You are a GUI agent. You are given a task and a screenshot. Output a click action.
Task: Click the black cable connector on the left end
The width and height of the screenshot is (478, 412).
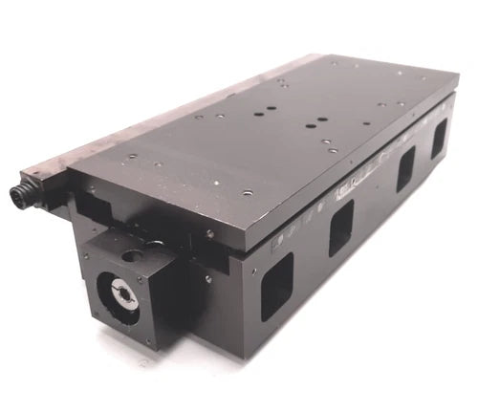(x=21, y=195)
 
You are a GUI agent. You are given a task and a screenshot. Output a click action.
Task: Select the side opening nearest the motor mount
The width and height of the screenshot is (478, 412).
(x=277, y=286)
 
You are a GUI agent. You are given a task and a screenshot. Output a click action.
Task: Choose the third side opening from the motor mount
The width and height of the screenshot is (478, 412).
(x=405, y=169)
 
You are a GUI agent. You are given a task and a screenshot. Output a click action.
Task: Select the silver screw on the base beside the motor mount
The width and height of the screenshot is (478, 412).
(x=207, y=279)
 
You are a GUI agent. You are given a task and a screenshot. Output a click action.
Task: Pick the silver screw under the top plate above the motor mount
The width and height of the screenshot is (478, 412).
(x=209, y=234)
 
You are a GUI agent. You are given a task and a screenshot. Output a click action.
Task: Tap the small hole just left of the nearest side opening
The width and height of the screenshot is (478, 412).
(x=253, y=271)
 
